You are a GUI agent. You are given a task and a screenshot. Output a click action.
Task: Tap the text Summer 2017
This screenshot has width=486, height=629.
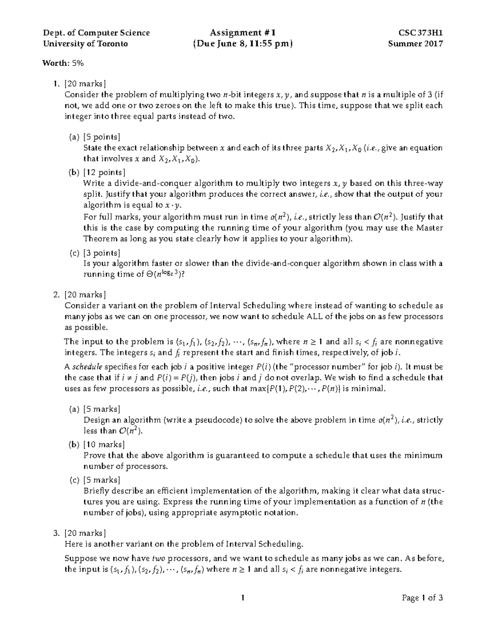click(x=415, y=44)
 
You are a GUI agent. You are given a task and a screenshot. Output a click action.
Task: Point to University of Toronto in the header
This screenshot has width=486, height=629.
click(x=85, y=44)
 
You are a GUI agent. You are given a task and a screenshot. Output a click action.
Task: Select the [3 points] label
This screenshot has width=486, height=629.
click(x=102, y=253)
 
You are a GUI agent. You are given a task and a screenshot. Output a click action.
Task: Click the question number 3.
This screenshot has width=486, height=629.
click(x=56, y=533)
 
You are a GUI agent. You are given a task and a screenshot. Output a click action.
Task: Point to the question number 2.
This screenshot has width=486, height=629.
click(x=56, y=294)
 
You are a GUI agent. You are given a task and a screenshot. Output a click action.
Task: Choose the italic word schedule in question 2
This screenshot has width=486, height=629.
click(x=87, y=367)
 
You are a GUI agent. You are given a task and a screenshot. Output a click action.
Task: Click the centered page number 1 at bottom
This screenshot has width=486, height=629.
click(x=243, y=598)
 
